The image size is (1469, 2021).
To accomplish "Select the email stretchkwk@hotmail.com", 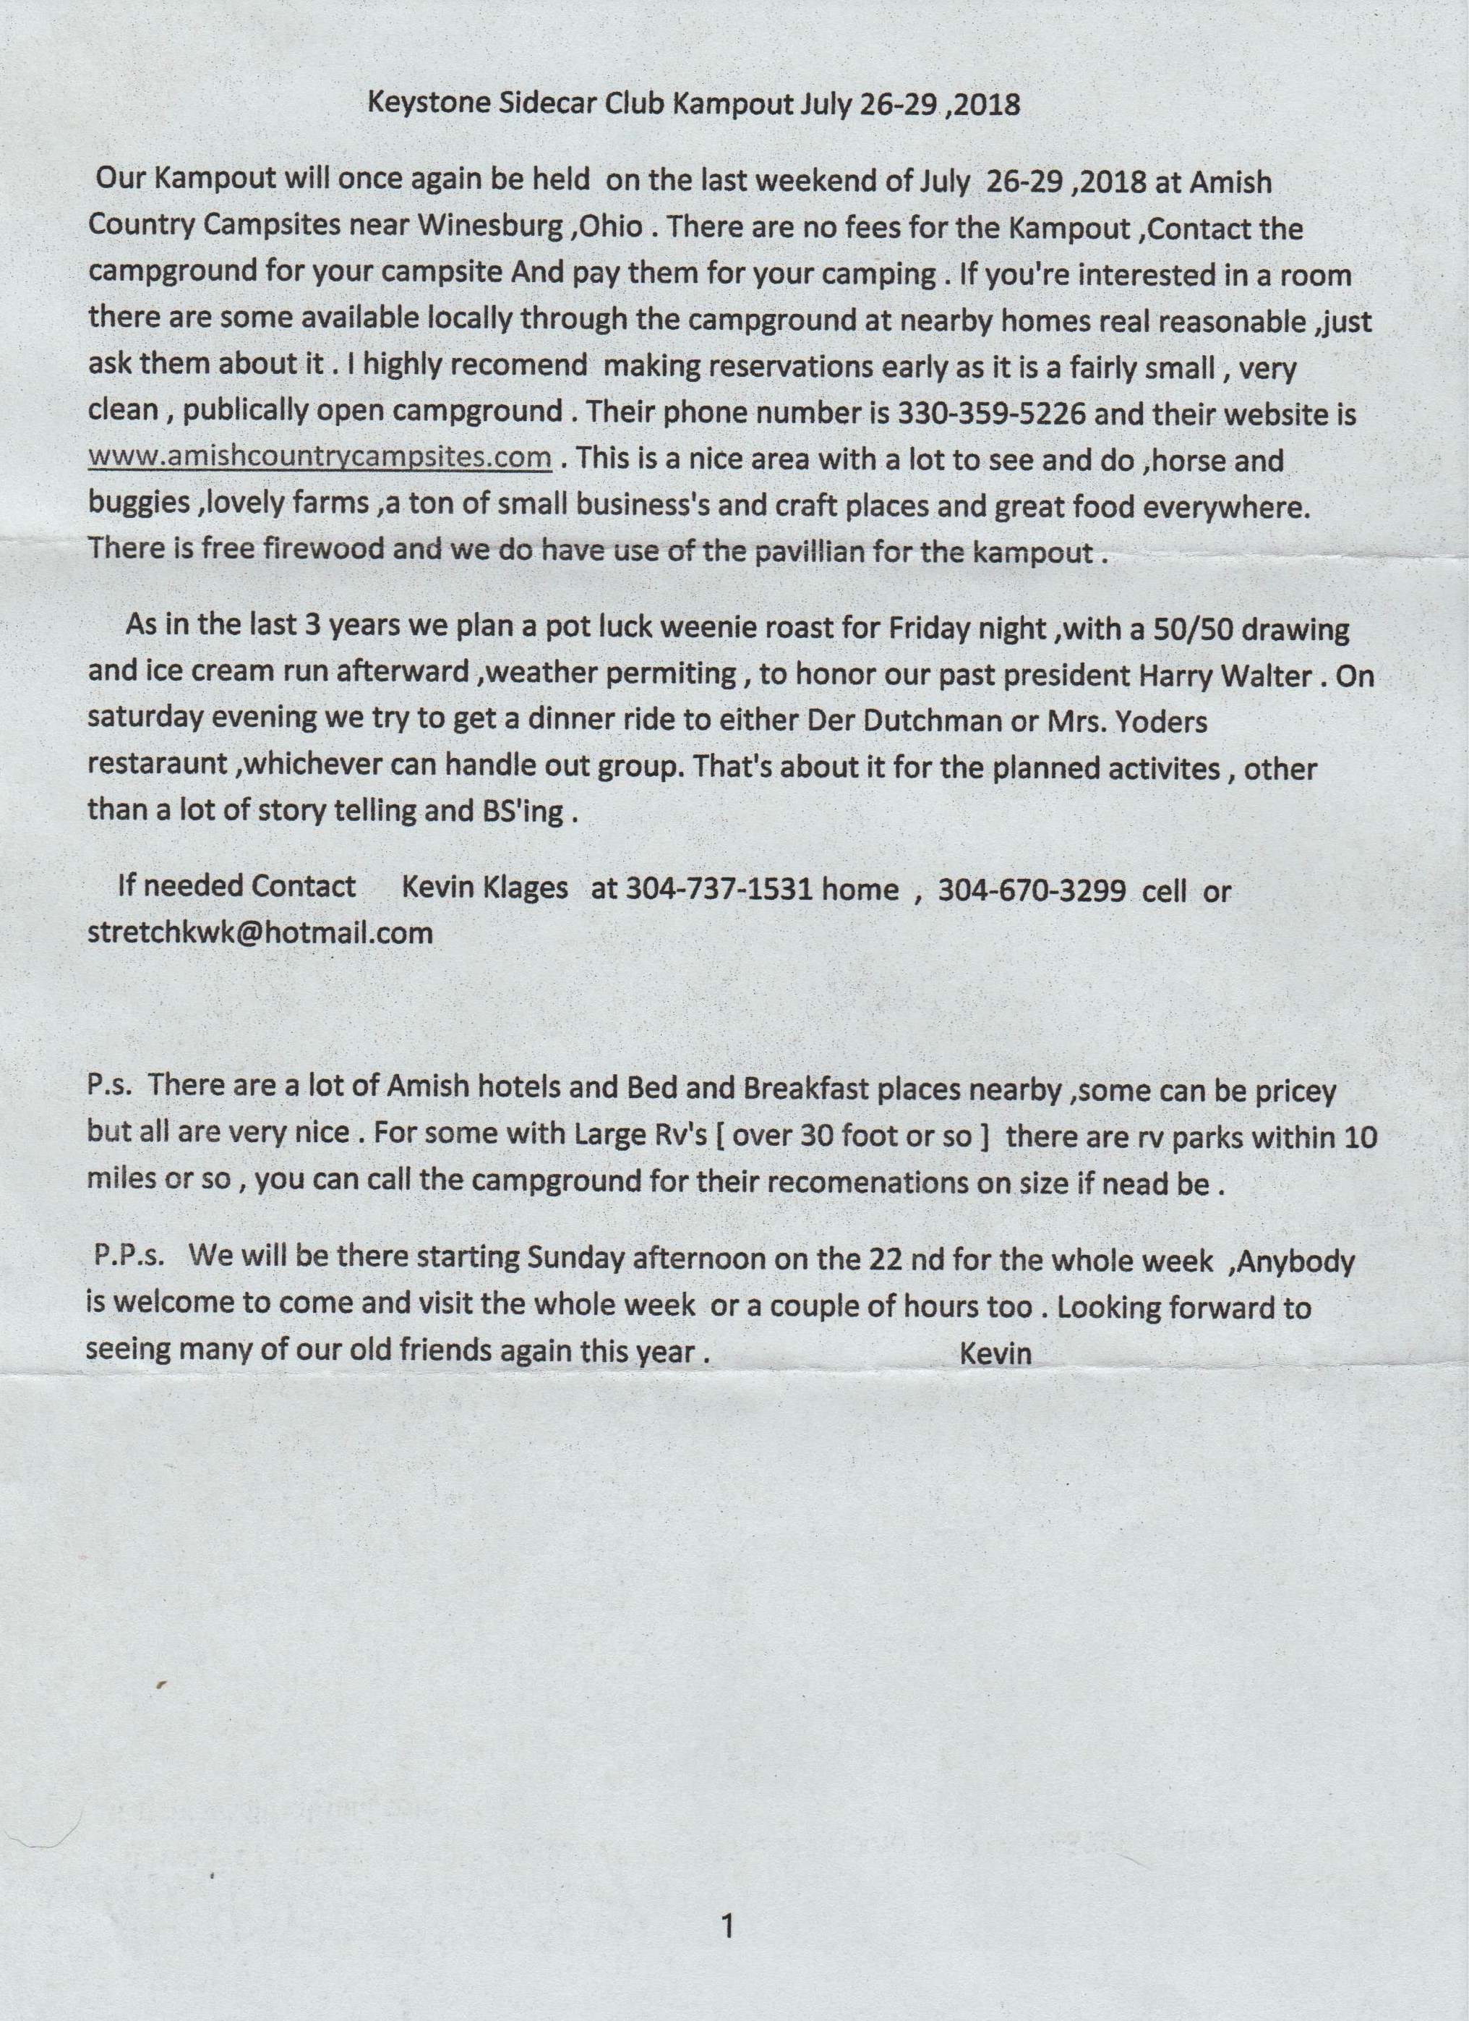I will click(260, 933).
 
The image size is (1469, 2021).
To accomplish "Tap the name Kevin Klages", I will click(486, 888).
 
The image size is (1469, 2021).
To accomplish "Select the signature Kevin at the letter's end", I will click(996, 1353).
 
